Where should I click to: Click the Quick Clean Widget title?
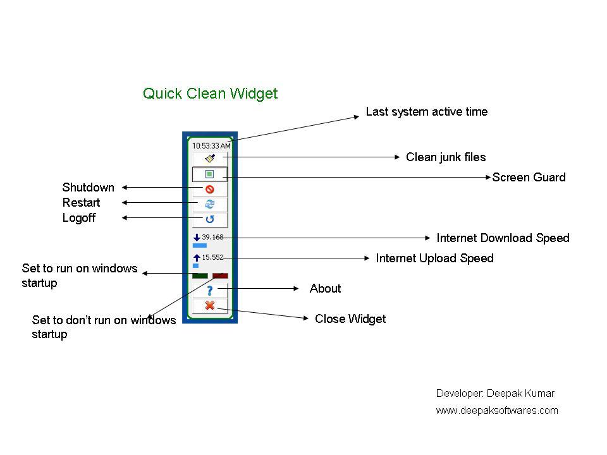pos(210,94)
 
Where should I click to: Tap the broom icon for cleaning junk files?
pos(210,158)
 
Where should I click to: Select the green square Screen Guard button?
pos(210,174)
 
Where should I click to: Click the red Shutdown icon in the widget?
pos(210,189)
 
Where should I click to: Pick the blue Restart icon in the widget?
pos(210,204)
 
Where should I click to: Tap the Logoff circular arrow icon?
pos(210,219)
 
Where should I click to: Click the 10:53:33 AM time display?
pos(211,145)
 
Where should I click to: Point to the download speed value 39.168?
pos(212,237)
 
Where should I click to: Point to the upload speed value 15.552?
pos(212,257)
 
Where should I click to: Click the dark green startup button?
pos(200,276)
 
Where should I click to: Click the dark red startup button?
pos(220,276)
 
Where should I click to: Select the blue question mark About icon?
pos(210,290)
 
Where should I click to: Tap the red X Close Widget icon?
pos(210,306)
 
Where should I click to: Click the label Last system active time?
pos(427,112)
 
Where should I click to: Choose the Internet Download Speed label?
pos(503,238)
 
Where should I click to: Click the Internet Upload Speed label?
pos(434,258)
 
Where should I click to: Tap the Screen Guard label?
pos(529,178)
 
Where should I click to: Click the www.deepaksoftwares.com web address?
pos(497,411)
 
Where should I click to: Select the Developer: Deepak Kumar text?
pos(495,393)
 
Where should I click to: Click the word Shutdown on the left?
pos(89,188)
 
